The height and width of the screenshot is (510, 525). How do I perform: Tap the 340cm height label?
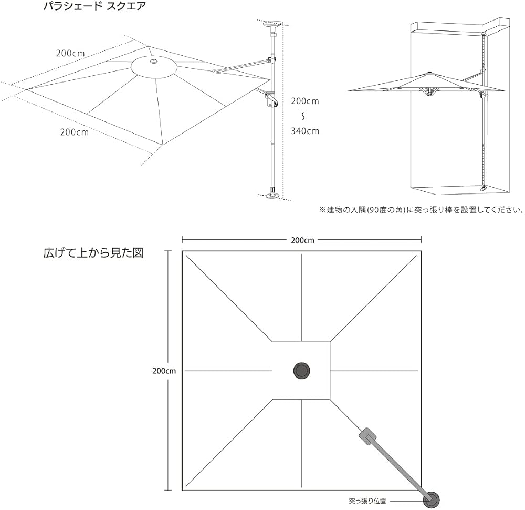pos(304,131)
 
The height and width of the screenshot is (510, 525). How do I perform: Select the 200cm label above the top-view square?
pos(302,240)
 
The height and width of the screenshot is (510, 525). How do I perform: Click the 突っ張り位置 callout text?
pos(367,501)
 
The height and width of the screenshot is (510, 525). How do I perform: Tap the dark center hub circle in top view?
pos(301,370)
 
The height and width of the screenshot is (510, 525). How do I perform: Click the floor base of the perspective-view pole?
pos(272,197)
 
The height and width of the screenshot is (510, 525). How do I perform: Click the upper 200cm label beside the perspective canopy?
pos(71,53)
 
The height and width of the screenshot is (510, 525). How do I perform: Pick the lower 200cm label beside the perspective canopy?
pos(75,132)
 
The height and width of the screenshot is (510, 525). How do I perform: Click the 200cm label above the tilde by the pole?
pos(304,101)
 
